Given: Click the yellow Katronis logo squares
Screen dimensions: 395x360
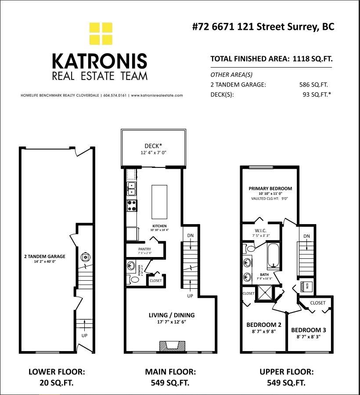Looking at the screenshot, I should pyautogui.click(x=101, y=34).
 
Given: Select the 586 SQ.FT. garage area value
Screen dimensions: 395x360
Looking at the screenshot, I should pyautogui.click(x=313, y=85).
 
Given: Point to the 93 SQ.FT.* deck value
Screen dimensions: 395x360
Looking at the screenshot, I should pyautogui.click(x=315, y=94).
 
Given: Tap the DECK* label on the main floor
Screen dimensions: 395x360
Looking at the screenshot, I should pyautogui.click(x=153, y=146).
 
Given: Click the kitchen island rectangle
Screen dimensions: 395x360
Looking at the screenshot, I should pyautogui.click(x=159, y=199).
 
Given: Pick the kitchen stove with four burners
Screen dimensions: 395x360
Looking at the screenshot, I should pyautogui.click(x=132, y=205).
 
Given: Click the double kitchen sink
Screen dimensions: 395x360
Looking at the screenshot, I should pyautogui.click(x=131, y=189).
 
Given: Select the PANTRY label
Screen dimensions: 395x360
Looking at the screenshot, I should pyautogui.click(x=144, y=249).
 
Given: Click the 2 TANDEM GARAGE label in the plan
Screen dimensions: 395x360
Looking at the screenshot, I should pyautogui.click(x=44, y=257).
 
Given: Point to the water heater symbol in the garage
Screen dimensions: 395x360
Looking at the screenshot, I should pyautogui.click(x=86, y=257).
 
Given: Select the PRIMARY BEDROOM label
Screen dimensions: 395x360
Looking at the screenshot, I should pyautogui.click(x=270, y=188).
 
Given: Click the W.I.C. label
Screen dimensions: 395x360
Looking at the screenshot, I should pyautogui.click(x=260, y=231).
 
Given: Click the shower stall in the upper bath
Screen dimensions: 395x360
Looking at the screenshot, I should pyautogui.click(x=265, y=294).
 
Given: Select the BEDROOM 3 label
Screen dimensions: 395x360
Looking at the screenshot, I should pyautogui.click(x=308, y=330).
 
